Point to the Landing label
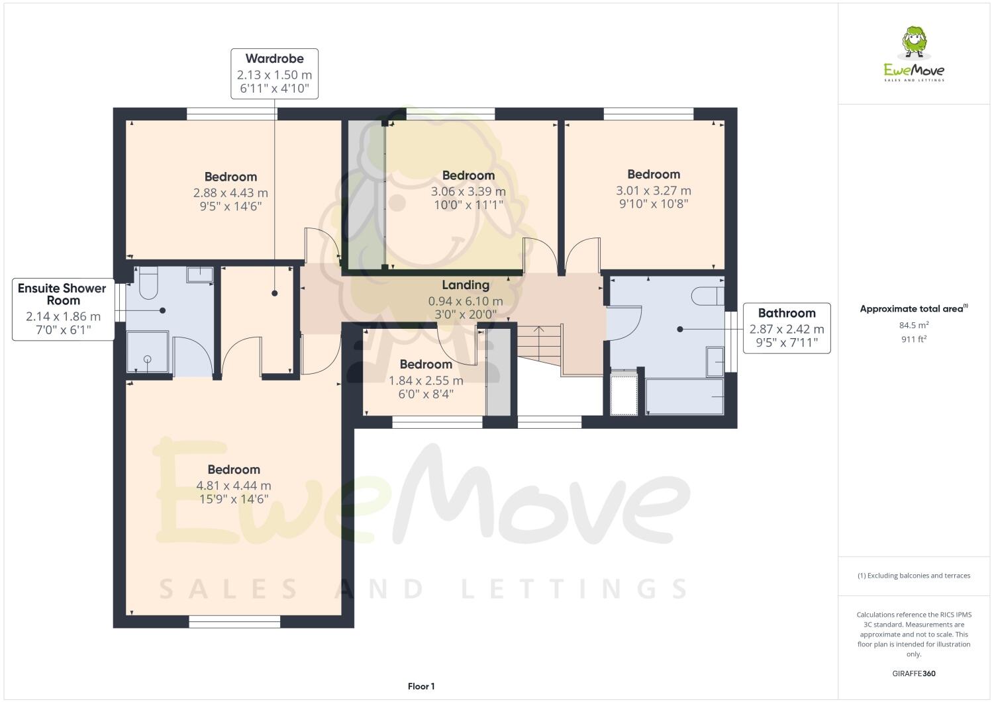coord(466,285)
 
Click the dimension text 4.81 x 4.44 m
coord(234,485)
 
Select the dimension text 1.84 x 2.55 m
coord(426,380)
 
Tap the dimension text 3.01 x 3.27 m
coord(654,191)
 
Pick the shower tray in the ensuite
coord(147,355)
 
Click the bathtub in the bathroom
coord(683,396)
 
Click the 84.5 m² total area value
coord(913,325)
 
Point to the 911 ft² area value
coord(913,339)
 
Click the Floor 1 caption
coord(421,686)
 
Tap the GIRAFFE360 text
coord(913,674)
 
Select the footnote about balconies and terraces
coord(913,576)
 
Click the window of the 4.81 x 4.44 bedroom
coord(234,621)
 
